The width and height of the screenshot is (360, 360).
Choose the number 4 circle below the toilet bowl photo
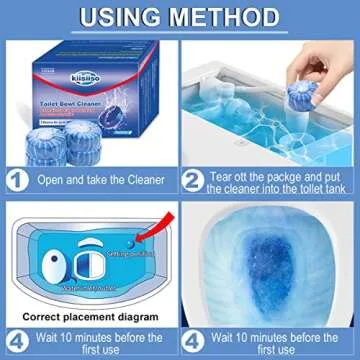click(196, 336)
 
